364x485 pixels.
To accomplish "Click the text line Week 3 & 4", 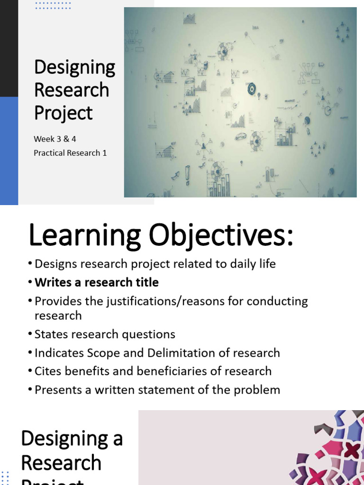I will [x=55, y=139].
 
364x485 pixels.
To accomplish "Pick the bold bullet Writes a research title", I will [x=97, y=282].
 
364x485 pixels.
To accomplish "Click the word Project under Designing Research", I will [x=64, y=113].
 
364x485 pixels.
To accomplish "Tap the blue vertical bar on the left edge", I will [x=9, y=151].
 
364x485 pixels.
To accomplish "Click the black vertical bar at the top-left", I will [x=9, y=47].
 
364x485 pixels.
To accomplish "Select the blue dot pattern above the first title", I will [x=53, y=5].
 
